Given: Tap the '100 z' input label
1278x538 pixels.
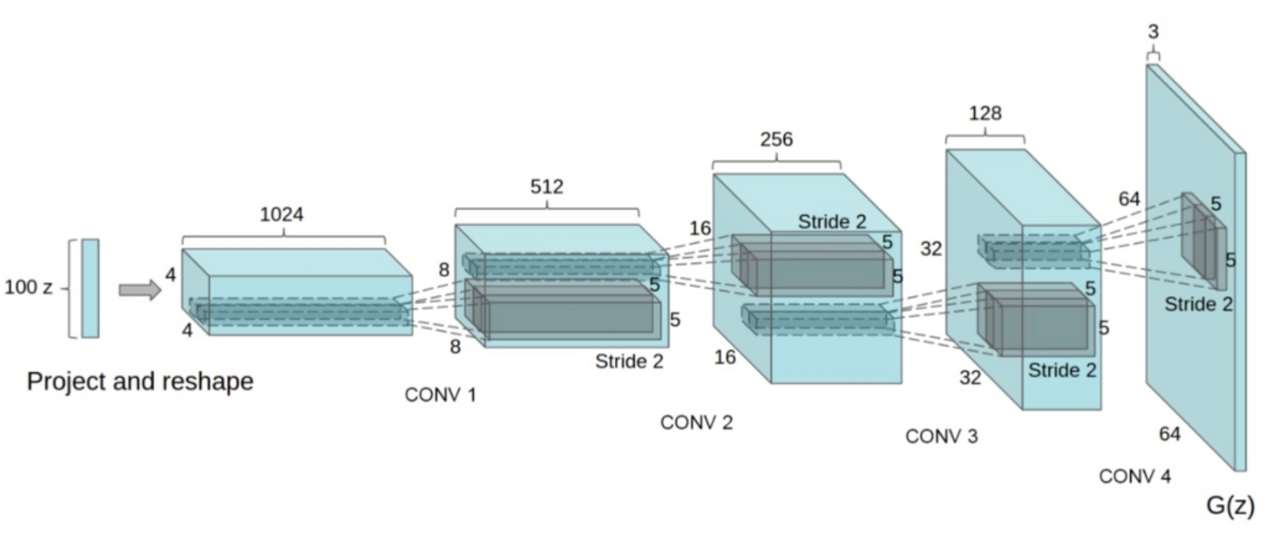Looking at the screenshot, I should point(29,287).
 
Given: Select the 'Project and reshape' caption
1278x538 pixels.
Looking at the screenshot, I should point(140,382).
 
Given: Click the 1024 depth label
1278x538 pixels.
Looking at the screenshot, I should point(282,214).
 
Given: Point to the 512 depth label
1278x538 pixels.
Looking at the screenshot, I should point(546,186).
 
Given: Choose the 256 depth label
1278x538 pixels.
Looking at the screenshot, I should point(776,140).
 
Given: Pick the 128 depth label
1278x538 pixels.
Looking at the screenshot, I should point(984,113).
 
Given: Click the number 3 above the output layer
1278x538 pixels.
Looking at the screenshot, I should point(1153,32).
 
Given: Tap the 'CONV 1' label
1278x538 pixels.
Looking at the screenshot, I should point(441,395).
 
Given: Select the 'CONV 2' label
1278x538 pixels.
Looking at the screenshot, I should point(696,423).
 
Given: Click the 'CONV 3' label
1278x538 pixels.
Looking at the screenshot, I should point(941,436).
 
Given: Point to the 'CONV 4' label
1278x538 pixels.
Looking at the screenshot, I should point(1134,477).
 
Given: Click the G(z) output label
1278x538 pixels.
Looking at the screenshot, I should point(1230,505).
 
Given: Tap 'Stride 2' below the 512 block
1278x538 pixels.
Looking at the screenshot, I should point(629,362).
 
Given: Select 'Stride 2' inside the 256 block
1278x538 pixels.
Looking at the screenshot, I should point(832,221).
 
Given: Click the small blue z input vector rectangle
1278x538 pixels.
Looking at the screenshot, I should point(90,288).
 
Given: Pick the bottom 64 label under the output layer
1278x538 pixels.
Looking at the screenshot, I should point(1169,434).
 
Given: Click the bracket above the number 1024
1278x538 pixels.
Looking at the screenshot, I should point(283,238).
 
